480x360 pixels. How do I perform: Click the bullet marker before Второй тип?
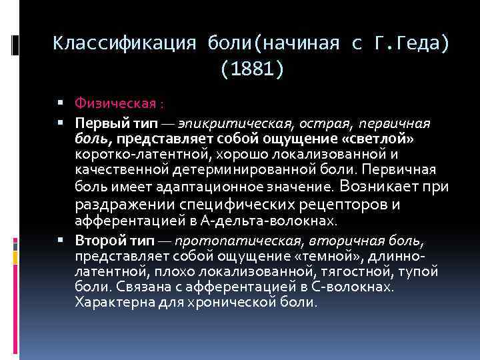tap(61, 241)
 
